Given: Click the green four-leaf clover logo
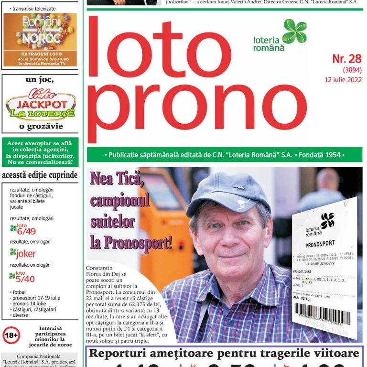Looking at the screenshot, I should point(294,31).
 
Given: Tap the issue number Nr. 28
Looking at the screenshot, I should point(347,59).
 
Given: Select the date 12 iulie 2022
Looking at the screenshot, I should point(343,79).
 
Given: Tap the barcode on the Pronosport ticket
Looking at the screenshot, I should point(323,316).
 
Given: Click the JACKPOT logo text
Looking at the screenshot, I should point(41,105).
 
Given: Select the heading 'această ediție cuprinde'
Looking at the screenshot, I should point(40,175).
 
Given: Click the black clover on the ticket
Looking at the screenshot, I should point(327,220).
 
